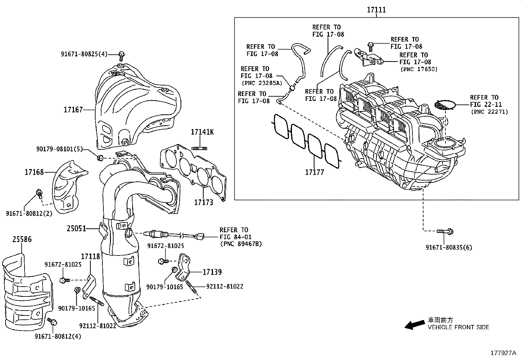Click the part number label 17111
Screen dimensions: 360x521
coord(376,10)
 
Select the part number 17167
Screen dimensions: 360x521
coord(73,110)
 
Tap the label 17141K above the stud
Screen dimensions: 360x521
coord(202,132)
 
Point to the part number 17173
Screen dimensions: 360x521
coord(204,202)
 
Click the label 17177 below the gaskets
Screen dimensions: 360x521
coord(314,172)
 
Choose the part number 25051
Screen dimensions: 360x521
coord(76,228)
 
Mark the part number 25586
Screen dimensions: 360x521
coord(22,239)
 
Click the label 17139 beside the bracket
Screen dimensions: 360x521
coord(212,272)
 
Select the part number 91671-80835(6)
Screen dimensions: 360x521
coord(449,248)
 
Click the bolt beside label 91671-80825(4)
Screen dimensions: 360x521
coord(122,56)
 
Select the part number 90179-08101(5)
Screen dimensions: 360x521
coord(64,149)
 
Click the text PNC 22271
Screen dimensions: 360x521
coord(489,112)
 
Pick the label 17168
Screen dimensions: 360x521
coord(34,172)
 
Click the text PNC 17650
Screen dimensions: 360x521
coord(419,69)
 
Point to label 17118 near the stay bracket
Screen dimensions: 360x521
coord(90,256)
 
